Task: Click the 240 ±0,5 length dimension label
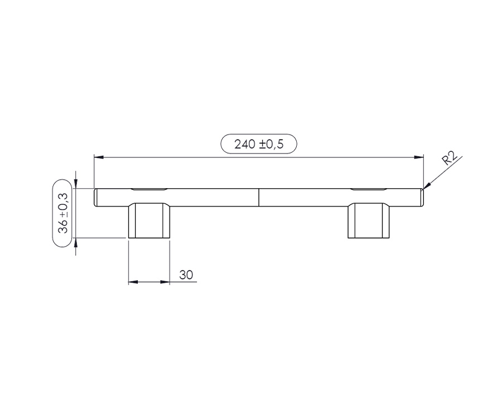coord(259,144)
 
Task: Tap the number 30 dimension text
coord(186,275)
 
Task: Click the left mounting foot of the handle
coord(149,221)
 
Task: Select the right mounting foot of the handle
coord(369,221)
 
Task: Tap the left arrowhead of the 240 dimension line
coord(99,157)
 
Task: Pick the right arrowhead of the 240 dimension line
coord(419,157)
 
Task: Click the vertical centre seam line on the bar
coord(259,197)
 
